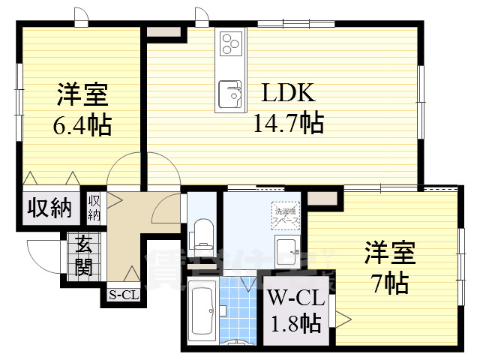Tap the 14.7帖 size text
(287, 121)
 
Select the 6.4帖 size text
(82, 124)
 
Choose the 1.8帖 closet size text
(295, 323)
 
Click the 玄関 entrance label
(83, 256)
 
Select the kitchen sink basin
(229, 94)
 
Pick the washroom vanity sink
(285, 251)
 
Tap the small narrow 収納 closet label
(94, 207)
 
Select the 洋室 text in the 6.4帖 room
(82, 97)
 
